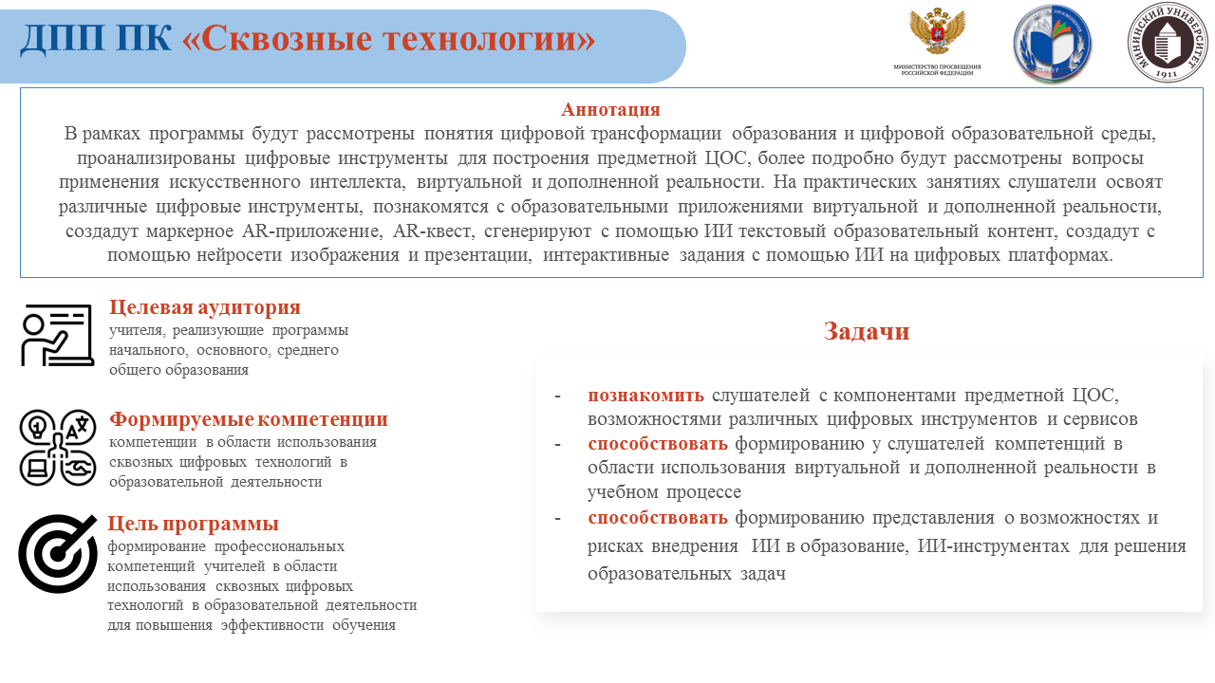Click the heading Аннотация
click(610, 109)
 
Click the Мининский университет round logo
click(1167, 42)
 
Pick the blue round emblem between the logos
click(1052, 44)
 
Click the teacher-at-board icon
click(57, 335)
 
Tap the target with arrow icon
click(57, 553)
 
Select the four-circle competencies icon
click(57, 447)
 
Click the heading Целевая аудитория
click(204, 307)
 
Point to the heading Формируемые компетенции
click(249, 419)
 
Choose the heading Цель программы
click(194, 524)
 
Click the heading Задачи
click(867, 331)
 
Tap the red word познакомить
click(645, 395)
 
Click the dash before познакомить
click(557, 395)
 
